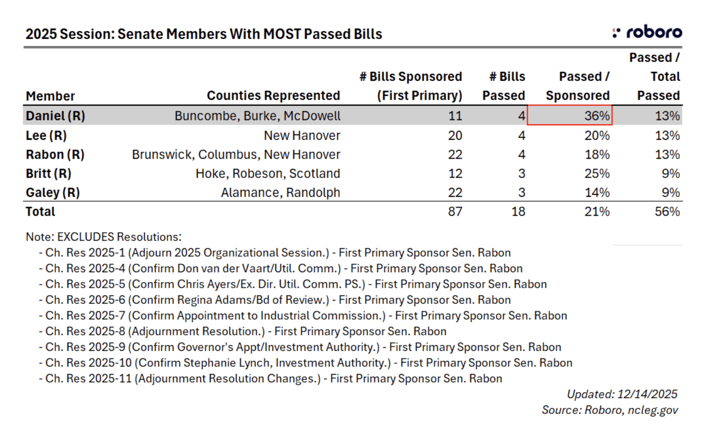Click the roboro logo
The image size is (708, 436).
click(648, 32)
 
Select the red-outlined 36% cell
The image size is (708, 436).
click(570, 115)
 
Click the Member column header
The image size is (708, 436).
click(50, 96)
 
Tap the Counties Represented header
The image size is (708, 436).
click(273, 95)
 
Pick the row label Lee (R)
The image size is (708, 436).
click(46, 135)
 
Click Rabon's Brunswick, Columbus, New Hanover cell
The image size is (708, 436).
click(236, 154)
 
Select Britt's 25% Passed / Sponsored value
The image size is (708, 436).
click(597, 174)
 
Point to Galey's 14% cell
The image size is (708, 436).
click(597, 192)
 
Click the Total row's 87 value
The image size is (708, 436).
click(455, 211)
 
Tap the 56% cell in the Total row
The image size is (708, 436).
click(667, 211)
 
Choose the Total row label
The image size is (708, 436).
click(40, 211)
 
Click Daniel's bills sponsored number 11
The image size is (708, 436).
click(455, 116)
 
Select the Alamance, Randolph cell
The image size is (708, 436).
click(280, 192)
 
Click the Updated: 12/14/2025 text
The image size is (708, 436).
click(622, 394)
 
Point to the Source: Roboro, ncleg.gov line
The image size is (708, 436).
click(610, 410)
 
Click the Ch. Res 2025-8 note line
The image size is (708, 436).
click(243, 331)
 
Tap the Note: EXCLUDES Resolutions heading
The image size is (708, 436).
click(104, 237)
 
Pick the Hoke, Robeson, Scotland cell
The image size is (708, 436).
click(268, 174)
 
